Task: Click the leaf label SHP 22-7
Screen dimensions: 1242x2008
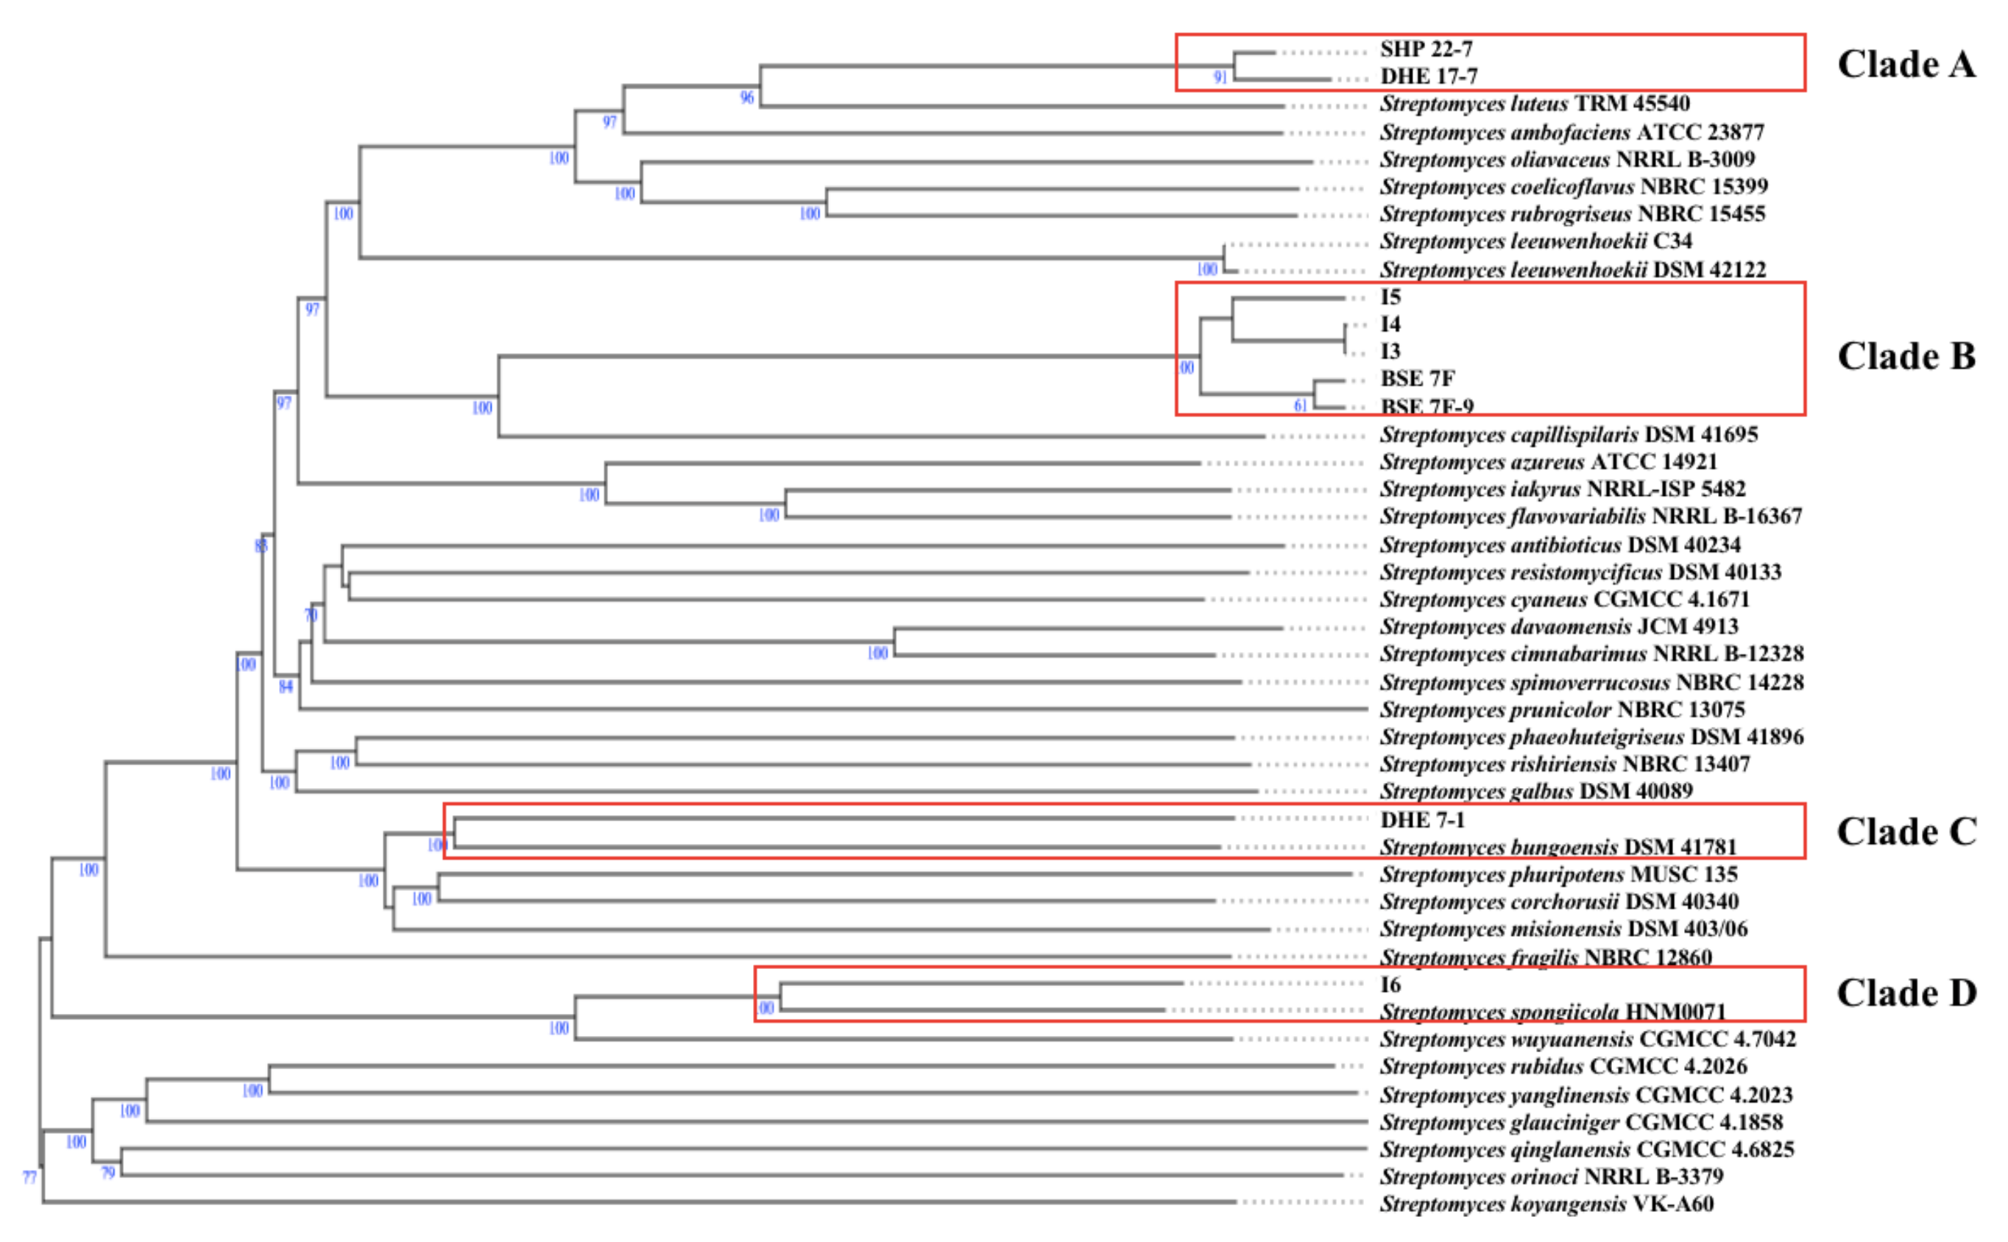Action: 1426,49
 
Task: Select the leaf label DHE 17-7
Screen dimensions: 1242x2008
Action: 1428,77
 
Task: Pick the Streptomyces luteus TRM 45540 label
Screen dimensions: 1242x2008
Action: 1534,104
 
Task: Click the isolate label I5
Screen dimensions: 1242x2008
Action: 1390,297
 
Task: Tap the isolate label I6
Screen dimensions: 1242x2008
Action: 1390,984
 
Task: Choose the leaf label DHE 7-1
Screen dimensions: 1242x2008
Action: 1421,820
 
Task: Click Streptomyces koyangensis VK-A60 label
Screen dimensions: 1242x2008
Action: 1546,1204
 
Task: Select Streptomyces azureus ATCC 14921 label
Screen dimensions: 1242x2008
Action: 1548,461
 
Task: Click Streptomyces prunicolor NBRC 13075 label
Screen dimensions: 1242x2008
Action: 1562,709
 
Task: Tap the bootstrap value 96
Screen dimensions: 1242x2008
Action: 747,98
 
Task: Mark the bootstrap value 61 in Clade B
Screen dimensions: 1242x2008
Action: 1300,405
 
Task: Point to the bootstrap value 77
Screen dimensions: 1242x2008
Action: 29,1177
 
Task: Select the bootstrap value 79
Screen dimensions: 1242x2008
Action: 108,1173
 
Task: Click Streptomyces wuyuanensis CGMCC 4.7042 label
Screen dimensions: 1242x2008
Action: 1588,1039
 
